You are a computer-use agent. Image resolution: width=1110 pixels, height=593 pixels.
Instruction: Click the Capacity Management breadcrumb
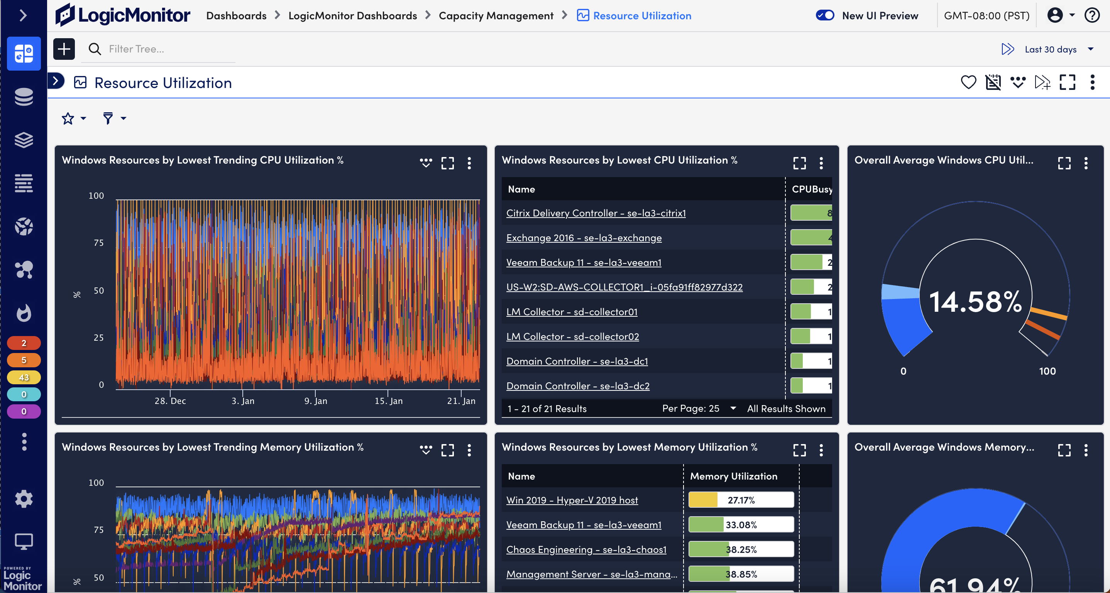coord(496,16)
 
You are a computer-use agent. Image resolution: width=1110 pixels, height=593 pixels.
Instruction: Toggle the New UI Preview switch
coord(825,15)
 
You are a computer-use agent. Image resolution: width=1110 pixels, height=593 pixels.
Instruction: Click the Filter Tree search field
coord(168,49)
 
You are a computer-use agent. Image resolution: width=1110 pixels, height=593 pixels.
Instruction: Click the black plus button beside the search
coord(64,49)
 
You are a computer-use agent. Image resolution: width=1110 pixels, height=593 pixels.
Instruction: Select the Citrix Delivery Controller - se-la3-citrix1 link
coord(596,213)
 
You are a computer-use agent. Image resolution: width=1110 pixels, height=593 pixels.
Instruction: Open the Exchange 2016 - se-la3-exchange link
coord(584,238)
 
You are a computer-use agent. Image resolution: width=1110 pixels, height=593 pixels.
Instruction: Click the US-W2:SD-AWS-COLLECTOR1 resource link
coord(624,287)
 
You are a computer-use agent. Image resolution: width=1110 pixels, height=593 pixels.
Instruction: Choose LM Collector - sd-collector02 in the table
coord(572,337)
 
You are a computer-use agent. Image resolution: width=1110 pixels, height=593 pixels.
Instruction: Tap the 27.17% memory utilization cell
coord(741,500)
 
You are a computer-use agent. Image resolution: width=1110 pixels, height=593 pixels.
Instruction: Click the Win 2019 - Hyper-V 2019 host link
coord(572,500)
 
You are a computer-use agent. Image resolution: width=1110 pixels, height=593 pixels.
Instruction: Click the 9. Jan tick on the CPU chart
coord(315,400)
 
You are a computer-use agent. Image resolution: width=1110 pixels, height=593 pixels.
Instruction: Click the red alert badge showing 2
coord(24,343)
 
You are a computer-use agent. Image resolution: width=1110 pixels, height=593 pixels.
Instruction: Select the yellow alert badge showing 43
coord(24,377)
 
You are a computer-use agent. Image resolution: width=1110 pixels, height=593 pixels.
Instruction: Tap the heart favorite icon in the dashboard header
coord(968,82)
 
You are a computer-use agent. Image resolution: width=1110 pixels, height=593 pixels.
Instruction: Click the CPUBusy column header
coord(811,189)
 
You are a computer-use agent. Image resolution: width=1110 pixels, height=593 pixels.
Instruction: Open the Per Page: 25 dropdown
coord(699,408)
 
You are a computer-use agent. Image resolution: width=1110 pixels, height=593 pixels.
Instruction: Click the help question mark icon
coord(1092,15)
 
